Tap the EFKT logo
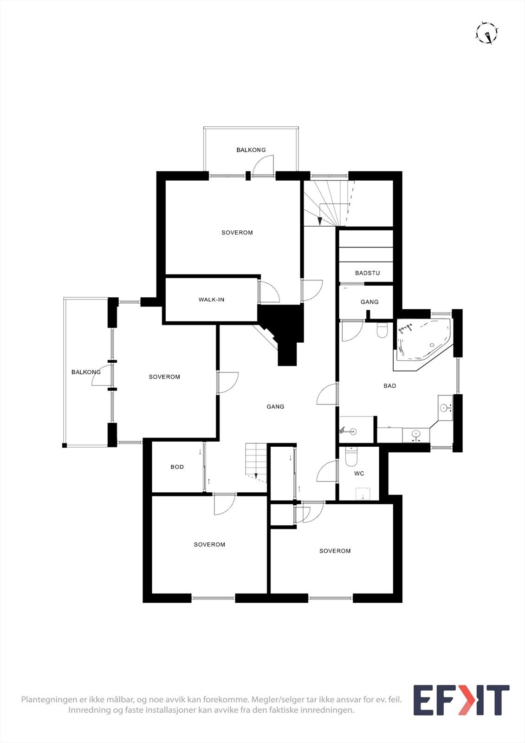461,700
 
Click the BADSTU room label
367,273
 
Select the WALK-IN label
211,300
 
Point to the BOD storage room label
177,467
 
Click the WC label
359,474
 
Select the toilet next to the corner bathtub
382,330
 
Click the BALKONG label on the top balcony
251,150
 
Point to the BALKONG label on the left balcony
86,372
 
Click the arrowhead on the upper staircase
320,221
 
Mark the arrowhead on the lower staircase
256,476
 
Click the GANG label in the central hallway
275,407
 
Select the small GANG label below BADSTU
369,302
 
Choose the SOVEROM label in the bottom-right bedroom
335,551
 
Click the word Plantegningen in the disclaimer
46,699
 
